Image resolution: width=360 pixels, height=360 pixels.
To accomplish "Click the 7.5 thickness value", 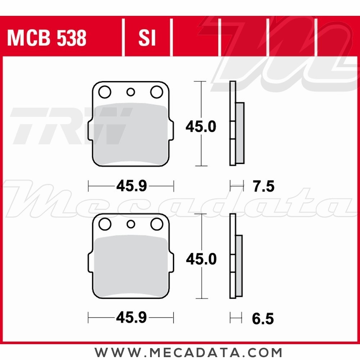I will click(263, 186).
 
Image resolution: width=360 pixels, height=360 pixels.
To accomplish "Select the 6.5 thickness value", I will click(263, 319).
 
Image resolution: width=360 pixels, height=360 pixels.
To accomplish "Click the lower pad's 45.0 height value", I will click(201, 259).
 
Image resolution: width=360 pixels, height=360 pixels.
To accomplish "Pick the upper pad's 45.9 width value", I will click(131, 186).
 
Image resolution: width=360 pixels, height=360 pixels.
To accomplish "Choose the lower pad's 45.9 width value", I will click(131, 318).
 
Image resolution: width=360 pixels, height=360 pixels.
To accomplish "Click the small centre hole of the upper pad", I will click(131, 93).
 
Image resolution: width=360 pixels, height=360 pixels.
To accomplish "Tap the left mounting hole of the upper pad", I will click(105, 92).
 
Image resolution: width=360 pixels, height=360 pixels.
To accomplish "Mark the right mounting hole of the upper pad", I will click(157, 92).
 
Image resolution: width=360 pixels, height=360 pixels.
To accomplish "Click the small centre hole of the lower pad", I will click(131, 225).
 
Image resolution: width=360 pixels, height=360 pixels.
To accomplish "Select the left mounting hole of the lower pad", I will click(105, 225).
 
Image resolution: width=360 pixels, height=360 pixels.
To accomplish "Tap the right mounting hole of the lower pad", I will click(157, 225).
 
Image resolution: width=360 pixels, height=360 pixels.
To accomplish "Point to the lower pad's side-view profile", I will click(235, 256).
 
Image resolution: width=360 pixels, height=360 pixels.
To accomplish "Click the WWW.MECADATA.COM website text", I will click(188, 352).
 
